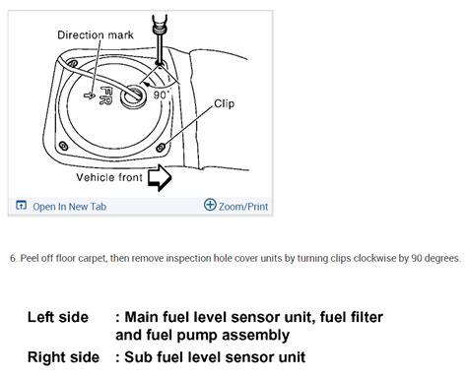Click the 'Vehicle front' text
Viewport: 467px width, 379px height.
tap(108, 179)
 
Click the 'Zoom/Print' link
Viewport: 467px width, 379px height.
tap(241, 206)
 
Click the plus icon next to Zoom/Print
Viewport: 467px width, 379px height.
tap(209, 206)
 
